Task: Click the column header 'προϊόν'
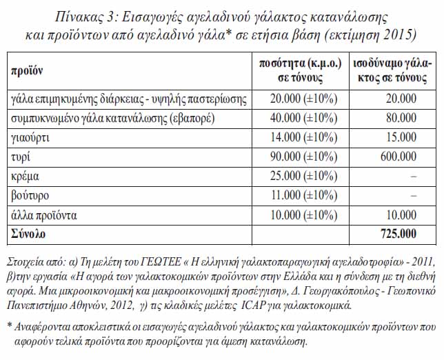pos(26,70)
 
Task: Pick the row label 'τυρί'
pos(19,157)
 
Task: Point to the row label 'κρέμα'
pos(26,177)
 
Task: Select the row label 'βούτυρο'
pos(30,196)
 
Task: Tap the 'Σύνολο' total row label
pos(28,234)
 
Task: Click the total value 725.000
pos(398,234)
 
